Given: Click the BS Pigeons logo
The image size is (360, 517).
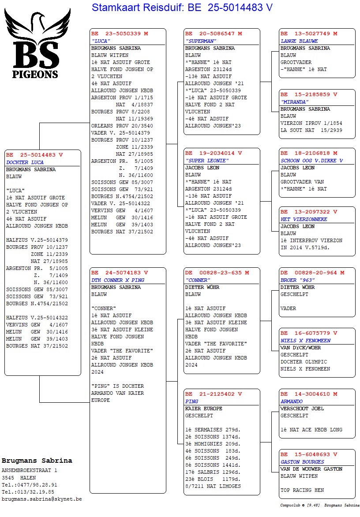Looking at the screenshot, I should (37, 44).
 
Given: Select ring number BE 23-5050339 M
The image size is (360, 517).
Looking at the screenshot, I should (120, 34).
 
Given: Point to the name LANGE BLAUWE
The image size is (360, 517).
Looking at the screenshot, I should (299, 41).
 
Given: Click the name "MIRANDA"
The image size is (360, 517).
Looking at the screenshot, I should (294, 102).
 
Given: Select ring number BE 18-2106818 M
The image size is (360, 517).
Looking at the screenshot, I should (309, 153).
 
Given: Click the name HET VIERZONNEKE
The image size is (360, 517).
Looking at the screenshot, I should (304, 219).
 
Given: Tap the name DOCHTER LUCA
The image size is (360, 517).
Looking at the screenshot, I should (25, 162).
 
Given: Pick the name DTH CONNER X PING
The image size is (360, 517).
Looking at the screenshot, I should (118, 280).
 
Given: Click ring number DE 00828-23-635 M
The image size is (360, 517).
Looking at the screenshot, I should (217, 273).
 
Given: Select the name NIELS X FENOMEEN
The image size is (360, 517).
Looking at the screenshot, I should (305, 341).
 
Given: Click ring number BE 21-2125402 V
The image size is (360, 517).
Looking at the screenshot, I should (214, 394).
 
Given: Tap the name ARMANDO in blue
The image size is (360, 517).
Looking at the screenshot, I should (292, 401).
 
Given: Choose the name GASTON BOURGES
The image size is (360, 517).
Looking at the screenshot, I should (302, 462).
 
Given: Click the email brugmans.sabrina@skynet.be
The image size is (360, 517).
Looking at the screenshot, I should (41, 499).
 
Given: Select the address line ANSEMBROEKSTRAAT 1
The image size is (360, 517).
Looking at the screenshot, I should (30, 470).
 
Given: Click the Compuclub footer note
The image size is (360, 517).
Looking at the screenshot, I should (319, 506).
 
